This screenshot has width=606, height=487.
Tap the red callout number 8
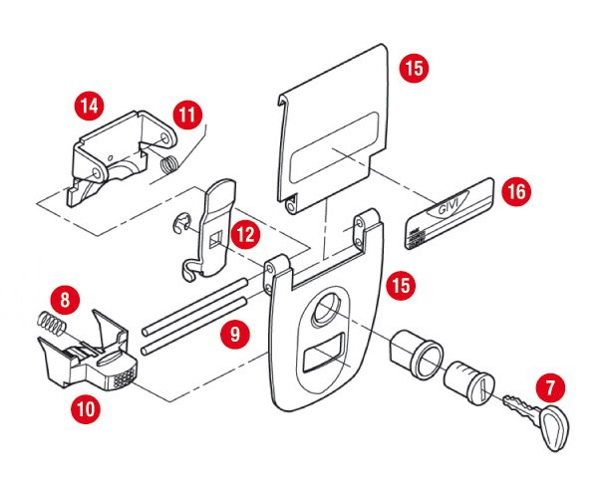click(x=64, y=298)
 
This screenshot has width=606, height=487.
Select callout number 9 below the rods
click(x=235, y=336)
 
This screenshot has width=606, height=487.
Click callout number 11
click(x=186, y=115)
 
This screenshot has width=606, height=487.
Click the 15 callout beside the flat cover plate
click(x=413, y=69)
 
